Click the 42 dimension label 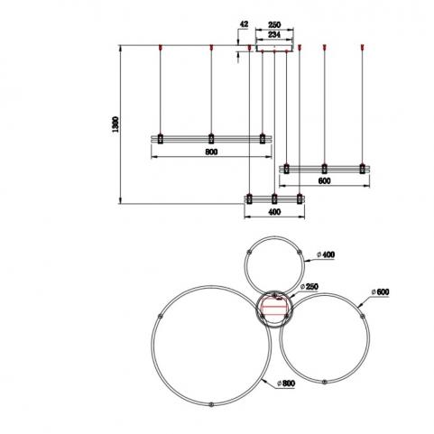(x=244, y=24)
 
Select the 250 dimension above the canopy (x=274, y=24)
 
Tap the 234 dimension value (x=274, y=34)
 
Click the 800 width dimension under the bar (x=211, y=152)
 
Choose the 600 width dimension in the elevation (x=324, y=180)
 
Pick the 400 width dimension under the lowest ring (x=274, y=212)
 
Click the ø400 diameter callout (x=326, y=254)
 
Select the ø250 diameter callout (x=309, y=287)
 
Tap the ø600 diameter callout (x=380, y=292)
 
